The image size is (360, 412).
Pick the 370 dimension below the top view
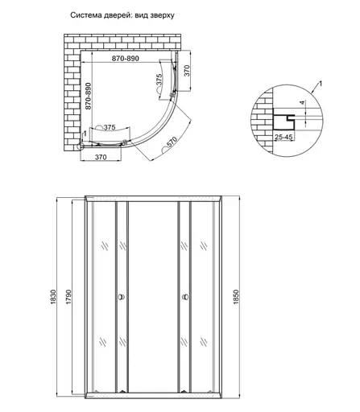(x=101, y=158)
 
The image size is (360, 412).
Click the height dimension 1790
(x=70, y=298)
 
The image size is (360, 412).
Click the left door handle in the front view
(x=121, y=297)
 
